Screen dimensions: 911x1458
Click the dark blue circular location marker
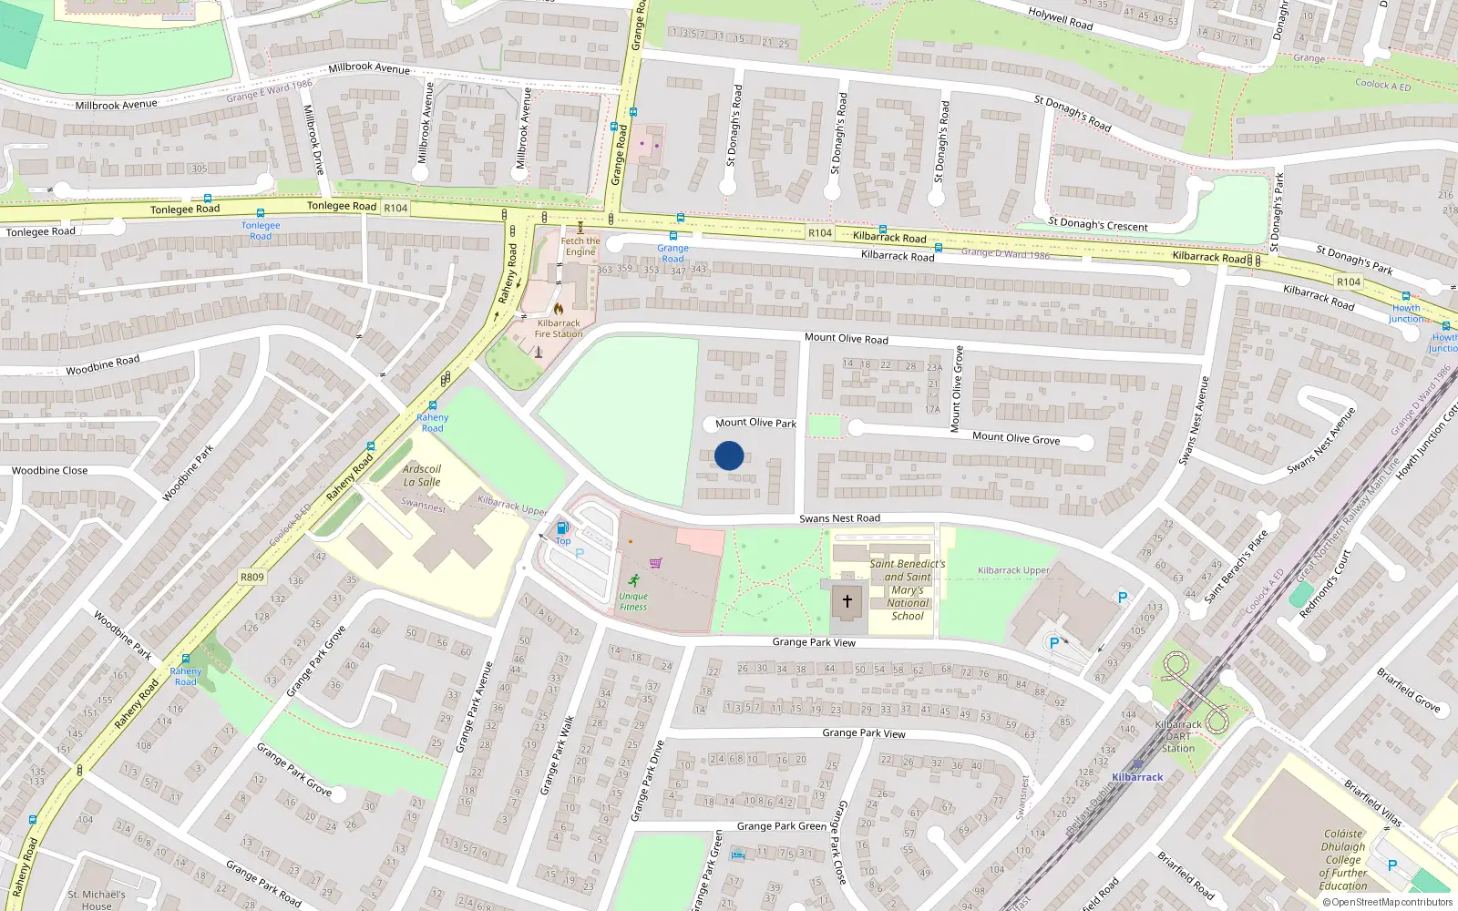coord(729,455)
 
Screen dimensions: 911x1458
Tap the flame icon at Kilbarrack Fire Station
coord(558,309)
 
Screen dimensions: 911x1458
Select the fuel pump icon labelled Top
coord(562,527)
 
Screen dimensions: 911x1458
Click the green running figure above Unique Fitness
coord(633,580)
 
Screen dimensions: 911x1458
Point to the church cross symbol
coord(847,601)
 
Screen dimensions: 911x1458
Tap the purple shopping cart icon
coord(656,562)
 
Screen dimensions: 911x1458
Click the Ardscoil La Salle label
coord(422,476)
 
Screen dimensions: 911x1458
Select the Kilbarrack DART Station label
coord(1178,736)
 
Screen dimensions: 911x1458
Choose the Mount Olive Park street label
coord(755,423)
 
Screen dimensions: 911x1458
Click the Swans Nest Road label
coord(839,518)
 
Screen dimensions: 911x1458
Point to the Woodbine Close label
coord(49,471)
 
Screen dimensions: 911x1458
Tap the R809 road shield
coord(252,577)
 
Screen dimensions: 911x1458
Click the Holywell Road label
coord(1060,18)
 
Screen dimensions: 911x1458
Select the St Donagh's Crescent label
coord(1098,224)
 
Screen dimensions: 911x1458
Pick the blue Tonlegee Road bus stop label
coord(261,230)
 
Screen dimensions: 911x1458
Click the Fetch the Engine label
coord(580,247)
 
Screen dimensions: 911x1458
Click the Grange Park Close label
coord(841,843)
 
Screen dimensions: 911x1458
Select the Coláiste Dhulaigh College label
coord(1343,859)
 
